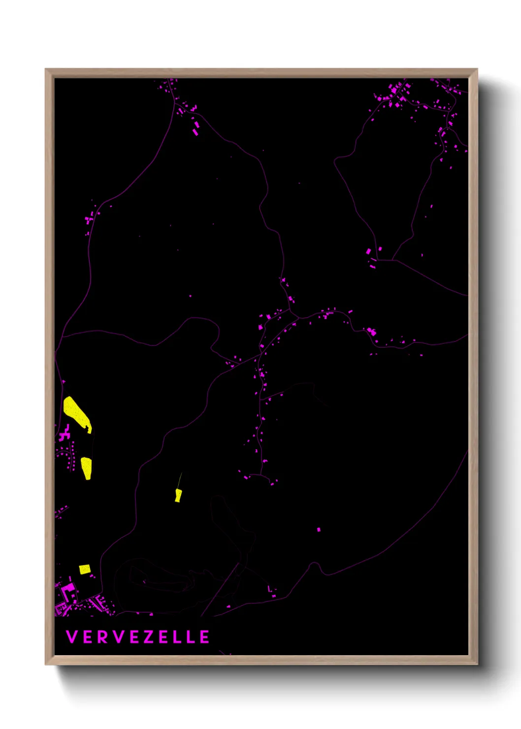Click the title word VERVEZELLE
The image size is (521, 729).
137,637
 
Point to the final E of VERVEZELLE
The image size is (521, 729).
204,637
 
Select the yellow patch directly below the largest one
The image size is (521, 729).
86,467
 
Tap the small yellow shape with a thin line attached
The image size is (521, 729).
178,496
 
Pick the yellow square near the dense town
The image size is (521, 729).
85,569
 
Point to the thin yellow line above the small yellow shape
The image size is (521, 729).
180,480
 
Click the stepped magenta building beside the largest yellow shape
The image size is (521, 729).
64,434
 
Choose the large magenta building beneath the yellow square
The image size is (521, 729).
68,591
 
